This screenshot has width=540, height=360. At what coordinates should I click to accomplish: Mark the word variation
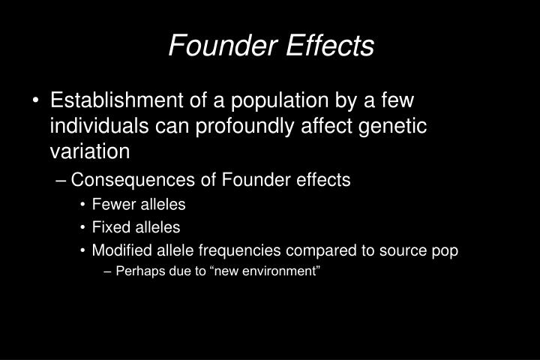[89, 151]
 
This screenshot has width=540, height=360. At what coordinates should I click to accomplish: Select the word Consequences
[127, 180]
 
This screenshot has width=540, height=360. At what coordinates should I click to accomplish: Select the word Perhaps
[136, 271]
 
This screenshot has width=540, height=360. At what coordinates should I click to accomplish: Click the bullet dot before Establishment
[37, 101]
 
